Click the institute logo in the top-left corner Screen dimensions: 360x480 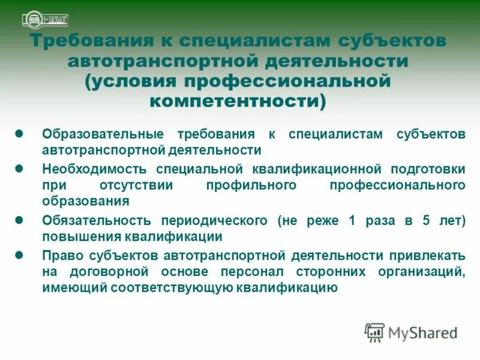(x=45, y=19)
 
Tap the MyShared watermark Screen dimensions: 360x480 (x=411, y=332)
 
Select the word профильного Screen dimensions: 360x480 (x=251, y=185)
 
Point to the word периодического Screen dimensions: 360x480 (x=213, y=220)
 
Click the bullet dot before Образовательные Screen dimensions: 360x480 (x=19, y=133)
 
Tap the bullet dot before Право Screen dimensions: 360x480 (x=19, y=255)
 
